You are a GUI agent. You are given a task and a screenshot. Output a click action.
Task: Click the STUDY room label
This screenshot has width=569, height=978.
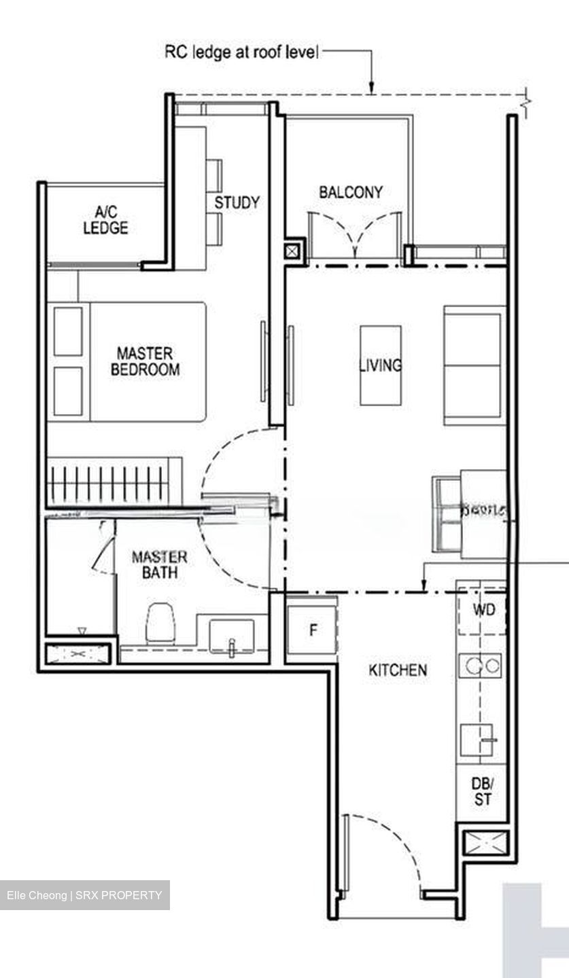pos(237,202)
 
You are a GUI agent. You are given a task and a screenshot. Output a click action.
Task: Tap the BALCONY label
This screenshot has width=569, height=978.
pos(350,192)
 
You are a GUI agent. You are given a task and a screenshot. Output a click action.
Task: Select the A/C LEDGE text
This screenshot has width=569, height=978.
pos(105,221)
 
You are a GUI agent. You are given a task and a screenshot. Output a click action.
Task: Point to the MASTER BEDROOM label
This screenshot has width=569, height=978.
pos(145,361)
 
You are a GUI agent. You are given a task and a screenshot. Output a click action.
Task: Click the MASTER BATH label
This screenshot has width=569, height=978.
pos(159,564)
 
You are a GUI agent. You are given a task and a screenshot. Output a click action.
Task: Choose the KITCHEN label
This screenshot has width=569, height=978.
pos(398,670)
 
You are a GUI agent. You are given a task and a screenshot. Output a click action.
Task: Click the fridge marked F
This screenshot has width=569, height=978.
pos(312,630)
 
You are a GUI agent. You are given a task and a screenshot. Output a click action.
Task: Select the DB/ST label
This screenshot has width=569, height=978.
pos(482,792)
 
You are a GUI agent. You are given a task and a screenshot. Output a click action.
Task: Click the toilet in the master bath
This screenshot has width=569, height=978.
pos(161,621)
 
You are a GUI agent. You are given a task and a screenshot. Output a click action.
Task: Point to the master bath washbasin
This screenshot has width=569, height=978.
pos(231,638)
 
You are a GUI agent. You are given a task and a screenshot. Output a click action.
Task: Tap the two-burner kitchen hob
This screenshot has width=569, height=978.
pos(481,664)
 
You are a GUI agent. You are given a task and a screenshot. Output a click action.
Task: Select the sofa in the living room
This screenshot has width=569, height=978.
pos(475,365)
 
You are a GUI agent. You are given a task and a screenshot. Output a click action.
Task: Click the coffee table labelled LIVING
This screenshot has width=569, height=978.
pos(380,365)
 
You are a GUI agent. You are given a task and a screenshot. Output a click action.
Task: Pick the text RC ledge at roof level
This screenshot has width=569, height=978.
pos(241,52)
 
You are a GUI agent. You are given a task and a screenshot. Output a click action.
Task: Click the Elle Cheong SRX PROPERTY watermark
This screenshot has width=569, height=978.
pos(84,895)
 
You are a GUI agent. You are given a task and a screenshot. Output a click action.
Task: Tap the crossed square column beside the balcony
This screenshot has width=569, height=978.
pos(292,251)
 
